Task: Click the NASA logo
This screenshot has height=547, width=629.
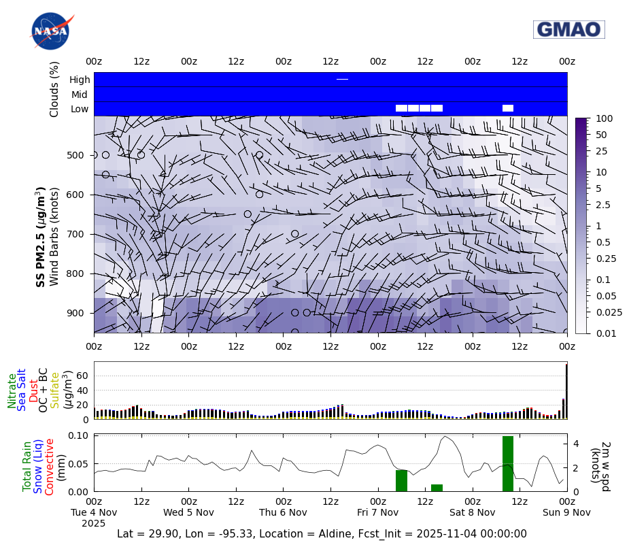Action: point(51,31)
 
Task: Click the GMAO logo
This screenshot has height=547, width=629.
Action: point(568,29)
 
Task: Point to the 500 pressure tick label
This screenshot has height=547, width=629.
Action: point(75,155)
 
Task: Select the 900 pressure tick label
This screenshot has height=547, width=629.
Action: point(75,313)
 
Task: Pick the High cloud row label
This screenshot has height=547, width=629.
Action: point(80,80)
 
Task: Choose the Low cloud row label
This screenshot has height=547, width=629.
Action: point(80,109)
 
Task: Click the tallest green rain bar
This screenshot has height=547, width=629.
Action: point(508,463)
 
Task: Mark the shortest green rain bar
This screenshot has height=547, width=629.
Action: point(437,487)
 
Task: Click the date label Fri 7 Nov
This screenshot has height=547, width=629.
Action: point(378,512)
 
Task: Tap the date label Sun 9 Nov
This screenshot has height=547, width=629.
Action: point(566,512)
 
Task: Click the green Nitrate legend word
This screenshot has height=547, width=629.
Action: point(12,391)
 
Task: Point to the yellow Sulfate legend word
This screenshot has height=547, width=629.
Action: point(55,390)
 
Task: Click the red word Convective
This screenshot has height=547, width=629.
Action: point(50,466)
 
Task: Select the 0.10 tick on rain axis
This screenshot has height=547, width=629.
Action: point(78,435)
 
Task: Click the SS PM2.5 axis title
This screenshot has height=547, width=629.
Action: point(41,237)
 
